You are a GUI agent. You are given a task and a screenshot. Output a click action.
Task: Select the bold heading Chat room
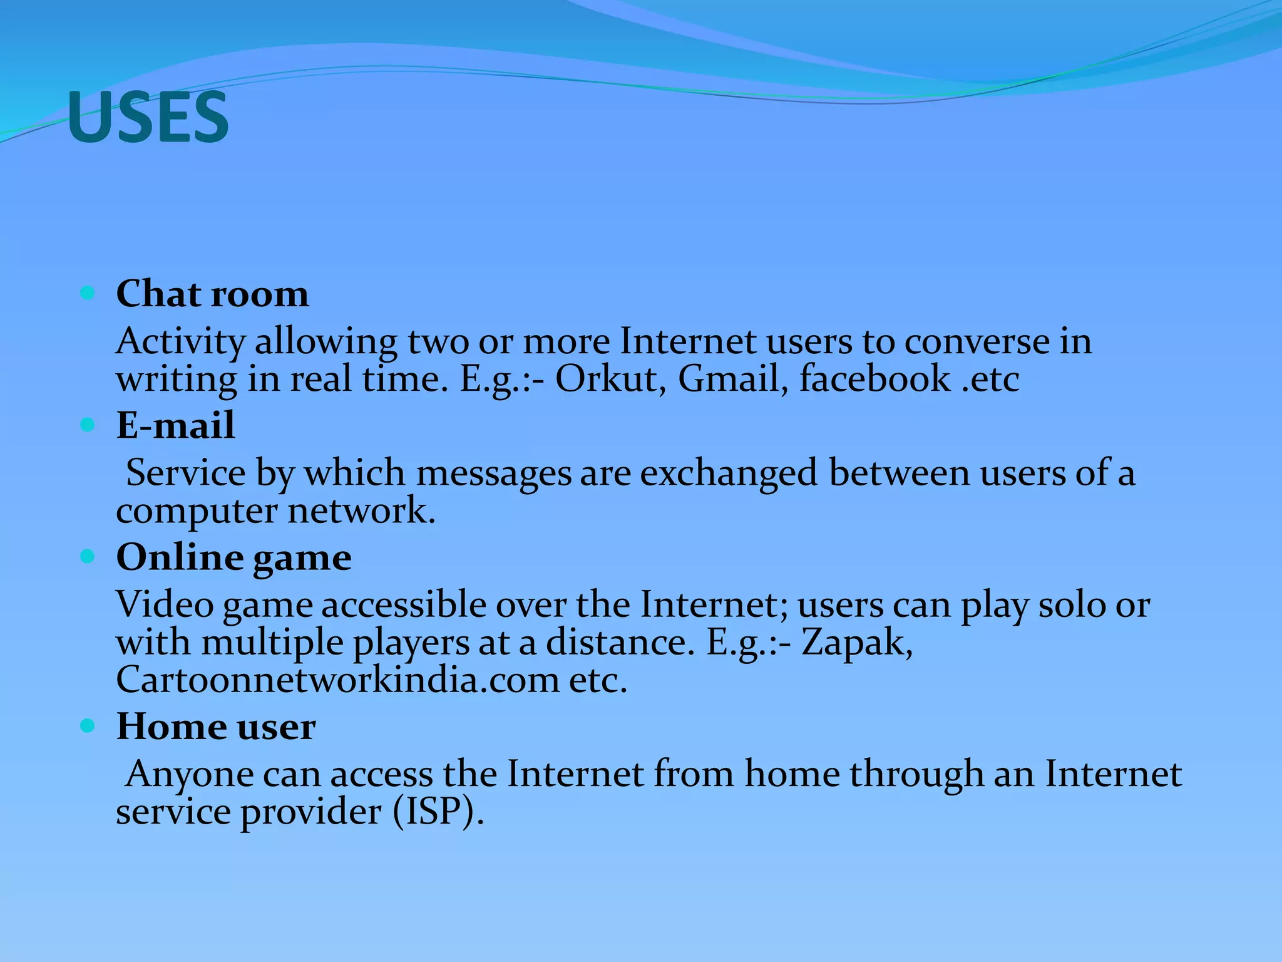pos(212,293)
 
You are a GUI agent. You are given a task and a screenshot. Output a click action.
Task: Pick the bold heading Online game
pos(233,557)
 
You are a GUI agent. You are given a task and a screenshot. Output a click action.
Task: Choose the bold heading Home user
pos(216,727)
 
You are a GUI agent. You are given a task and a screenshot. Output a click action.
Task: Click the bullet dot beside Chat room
pos(88,292)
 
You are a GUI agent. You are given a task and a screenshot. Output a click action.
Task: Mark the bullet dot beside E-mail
pos(88,425)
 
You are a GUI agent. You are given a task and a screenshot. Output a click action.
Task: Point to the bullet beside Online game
pos(88,556)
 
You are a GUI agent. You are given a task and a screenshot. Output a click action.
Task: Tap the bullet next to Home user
pos(88,726)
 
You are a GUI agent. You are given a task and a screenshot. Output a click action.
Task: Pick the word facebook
pos(874,379)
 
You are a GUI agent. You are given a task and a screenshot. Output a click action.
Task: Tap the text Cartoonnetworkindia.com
pos(337,680)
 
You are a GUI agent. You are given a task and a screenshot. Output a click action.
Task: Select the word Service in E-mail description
pos(186,473)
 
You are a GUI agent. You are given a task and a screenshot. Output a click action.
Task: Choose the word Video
pos(165,605)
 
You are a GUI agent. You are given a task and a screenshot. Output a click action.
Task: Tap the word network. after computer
pos(361,511)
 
